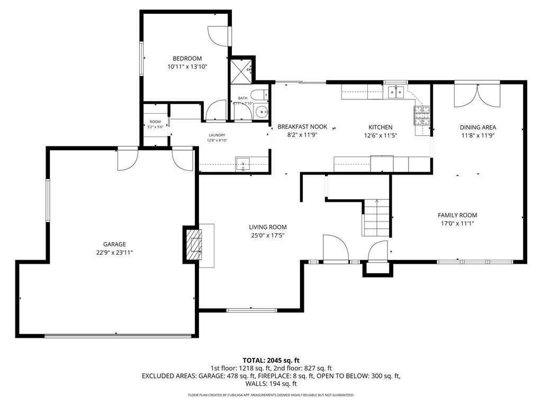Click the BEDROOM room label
point(187,58)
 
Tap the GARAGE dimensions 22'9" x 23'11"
point(114,253)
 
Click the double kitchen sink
point(395,93)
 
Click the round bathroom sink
point(260,112)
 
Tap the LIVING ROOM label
point(268,227)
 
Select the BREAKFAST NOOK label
point(302,127)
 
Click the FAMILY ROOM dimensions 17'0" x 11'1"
point(457,224)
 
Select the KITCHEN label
point(381,127)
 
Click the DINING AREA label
point(477,127)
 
